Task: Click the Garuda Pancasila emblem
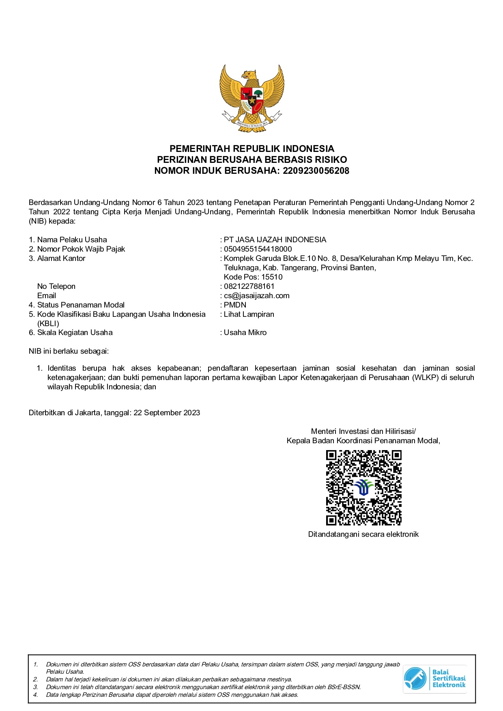(251, 98)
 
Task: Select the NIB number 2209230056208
(316, 171)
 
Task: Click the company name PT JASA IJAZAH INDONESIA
(275, 240)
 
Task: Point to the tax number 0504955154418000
(258, 249)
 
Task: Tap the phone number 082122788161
(249, 286)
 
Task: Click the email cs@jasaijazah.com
(256, 296)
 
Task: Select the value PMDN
(235, 305)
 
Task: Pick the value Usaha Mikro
(245, 333)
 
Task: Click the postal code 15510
(272, 277)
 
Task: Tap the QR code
(363, 488)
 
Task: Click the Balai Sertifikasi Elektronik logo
(434, 679)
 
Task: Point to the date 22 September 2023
(167, 413)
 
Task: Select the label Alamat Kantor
(61, 258)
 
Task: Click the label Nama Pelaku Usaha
(72, 240)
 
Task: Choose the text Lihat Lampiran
(249, 314)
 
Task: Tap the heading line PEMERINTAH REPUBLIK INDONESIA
(251, 149)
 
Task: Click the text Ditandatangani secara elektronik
(363, 534)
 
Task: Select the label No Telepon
(56, 286)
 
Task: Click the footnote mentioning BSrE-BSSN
(203, 687)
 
